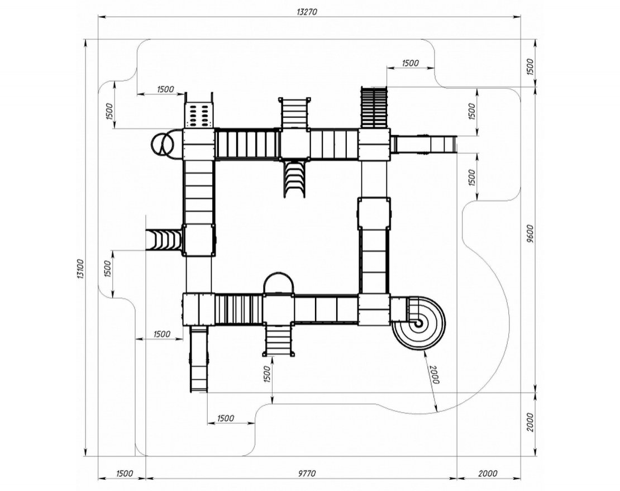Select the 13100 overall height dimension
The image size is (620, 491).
(x=80, y=269)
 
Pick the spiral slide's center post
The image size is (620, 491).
(x=417, y=323)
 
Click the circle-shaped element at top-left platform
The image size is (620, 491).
(x=161, y=144)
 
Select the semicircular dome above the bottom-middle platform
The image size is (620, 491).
(x=278, y=284)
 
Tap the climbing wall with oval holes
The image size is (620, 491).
(x=198, y=115)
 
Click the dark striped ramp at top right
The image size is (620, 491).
(x=374, y=107)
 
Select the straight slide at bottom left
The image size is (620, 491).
(x=198, y=359)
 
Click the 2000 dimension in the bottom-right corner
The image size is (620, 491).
(x=487, y=474)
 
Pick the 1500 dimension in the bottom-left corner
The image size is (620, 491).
(x=124, y=474)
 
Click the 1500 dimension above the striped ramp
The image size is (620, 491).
(x=410, y=63)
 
